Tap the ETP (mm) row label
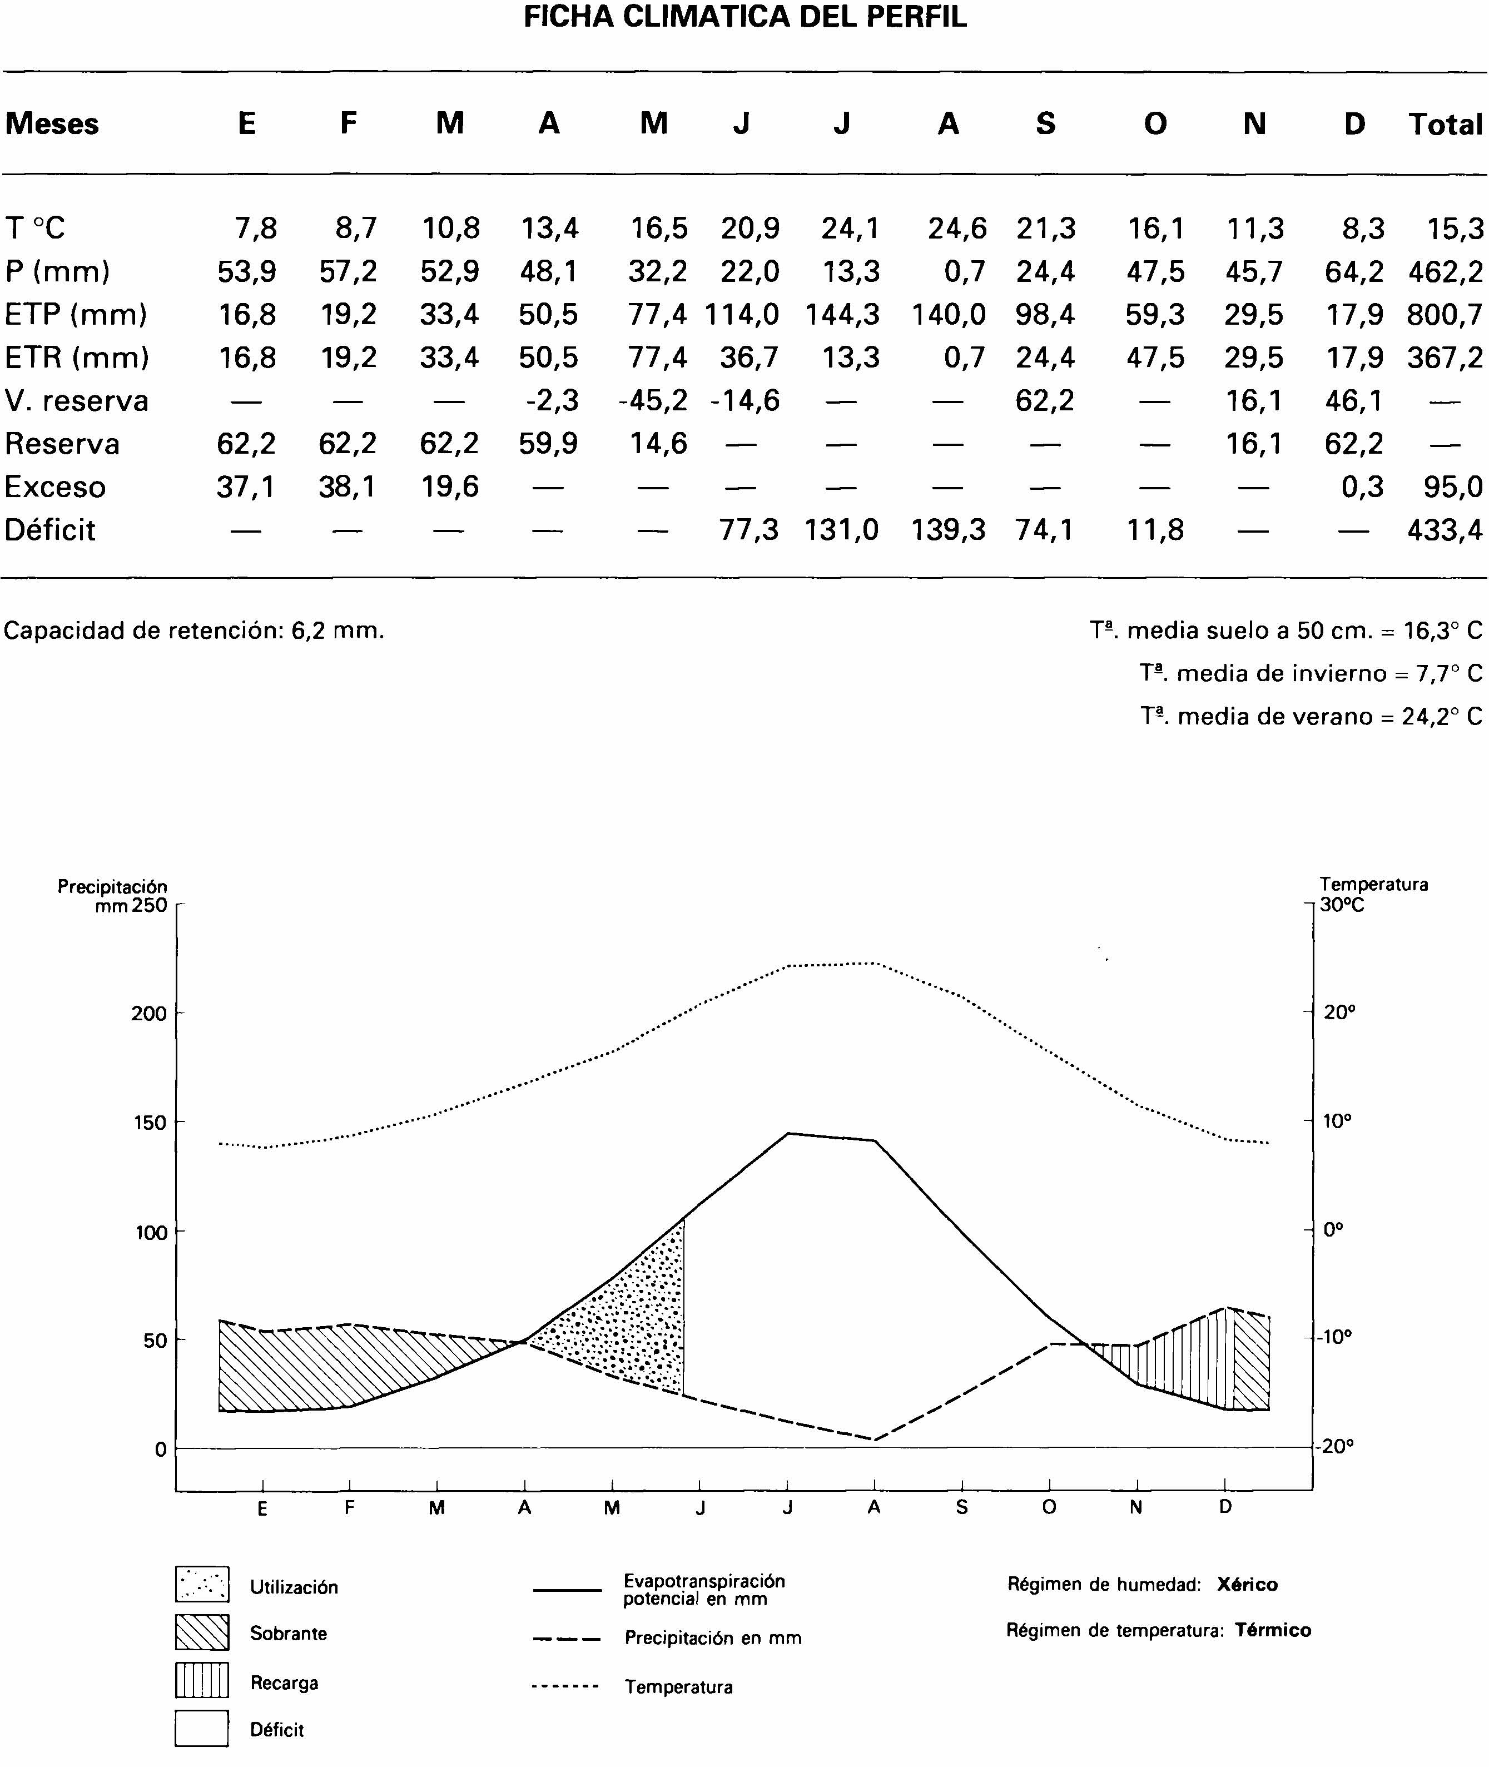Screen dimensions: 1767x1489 click(x=76, y=315)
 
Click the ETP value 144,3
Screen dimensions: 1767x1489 click(x=842, y=315)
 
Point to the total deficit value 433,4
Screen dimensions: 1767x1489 click(x=1445, y=530)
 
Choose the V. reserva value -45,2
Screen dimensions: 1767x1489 click(x=653, y=401)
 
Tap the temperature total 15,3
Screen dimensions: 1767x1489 click(x=1455, y=229)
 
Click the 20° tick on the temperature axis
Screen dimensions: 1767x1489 click(x=1339, y=1012)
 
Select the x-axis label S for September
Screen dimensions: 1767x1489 click(x=961, y=1508)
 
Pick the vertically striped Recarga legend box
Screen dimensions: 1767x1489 click(x=202, y=1680)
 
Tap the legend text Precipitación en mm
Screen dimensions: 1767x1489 click(x=712, y=1638)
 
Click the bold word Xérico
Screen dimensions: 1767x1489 click(x=1247, y=1585)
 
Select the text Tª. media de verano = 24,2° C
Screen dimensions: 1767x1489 click(x=1311, y=717)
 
